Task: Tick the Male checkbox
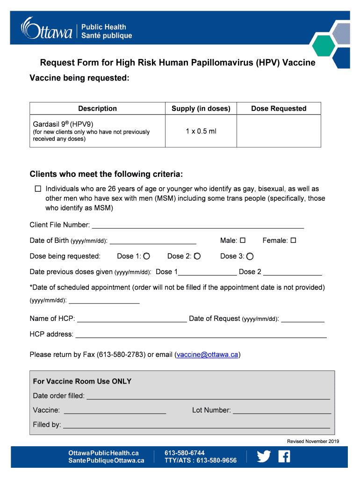[x=243, y=240]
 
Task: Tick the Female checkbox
[x=293, y=240]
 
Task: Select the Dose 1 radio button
[x=147, y=256]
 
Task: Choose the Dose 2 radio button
[x=197, y=256]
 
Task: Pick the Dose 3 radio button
[x=250, y=256]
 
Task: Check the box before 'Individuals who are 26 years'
[x=38, y=189]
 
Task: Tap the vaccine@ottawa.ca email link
[x=207, y=355]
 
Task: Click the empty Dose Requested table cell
[x=279, y=131]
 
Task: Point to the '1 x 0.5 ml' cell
[x=201, y=131]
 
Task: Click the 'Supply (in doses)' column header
[x=201, y=109]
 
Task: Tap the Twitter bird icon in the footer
[x=264, y=457]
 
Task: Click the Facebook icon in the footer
[x=284, y=457]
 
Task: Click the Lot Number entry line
[x=282, y=410]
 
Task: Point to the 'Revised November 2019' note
[x=313, y=441]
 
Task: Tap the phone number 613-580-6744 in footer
[x=184, y=453]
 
